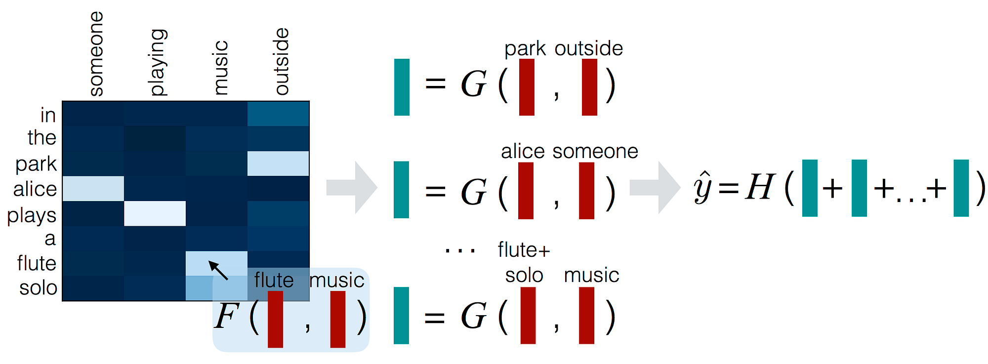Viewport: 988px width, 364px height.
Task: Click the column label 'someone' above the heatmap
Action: [96, 54]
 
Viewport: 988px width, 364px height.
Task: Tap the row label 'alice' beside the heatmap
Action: [35, 189]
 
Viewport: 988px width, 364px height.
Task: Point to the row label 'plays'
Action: [32, 216]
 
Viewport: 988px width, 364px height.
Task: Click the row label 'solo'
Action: [38, 287]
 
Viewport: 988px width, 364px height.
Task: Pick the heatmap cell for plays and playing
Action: [155, 213]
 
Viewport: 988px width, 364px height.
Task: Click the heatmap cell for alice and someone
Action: [93, 188]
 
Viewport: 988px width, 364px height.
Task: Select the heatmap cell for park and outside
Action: [278, 163]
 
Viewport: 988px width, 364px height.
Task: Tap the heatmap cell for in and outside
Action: [278, 114]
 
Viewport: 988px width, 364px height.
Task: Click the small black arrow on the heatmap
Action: [218, 270]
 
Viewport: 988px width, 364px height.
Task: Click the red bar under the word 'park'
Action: [527, 87]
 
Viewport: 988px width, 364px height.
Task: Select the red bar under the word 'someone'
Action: [586, 191]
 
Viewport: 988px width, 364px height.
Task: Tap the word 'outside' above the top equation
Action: [588, 48]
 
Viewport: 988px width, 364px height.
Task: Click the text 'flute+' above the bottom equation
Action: [524, 250]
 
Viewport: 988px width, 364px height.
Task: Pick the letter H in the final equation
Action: [759, 187]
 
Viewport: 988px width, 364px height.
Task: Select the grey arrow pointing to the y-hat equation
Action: [655, 188]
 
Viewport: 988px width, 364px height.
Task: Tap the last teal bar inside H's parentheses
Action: [961, 188]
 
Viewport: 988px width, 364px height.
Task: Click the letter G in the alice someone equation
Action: [473, 192]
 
